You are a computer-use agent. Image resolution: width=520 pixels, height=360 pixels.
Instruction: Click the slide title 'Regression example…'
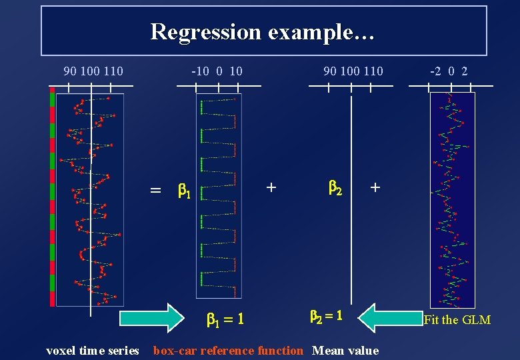pyautogui.click(x=263, y=31)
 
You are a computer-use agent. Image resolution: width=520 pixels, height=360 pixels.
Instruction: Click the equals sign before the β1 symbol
pyautogui.click(x=155, y=191)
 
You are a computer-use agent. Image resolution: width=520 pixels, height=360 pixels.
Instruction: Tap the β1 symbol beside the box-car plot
pyautogui.click(x=185, y=191)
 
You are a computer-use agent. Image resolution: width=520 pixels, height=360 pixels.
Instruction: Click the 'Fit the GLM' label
pyautogui.click(x=457, y=320)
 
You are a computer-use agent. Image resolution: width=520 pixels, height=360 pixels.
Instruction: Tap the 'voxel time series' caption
pyautogui.click(x=93, y=351)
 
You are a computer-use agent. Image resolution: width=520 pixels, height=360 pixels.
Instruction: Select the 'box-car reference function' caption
pyautogui.click(x=228, y=351)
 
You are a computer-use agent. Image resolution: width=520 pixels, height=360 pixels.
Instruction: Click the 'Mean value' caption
pyautogui.click(x=345, y=351)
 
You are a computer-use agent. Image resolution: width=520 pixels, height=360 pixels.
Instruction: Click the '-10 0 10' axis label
pyautogui.click(x=217, y=71)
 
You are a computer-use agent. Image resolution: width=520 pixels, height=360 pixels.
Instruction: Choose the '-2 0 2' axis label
pyautogui.click(x=449, y=71)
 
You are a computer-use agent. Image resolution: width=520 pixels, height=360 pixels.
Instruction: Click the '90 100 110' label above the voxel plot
pyautogui.click(x=93, y=71)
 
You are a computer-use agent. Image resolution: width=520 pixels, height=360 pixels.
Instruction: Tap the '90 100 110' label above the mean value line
pyautogui.click(x=353, y=71)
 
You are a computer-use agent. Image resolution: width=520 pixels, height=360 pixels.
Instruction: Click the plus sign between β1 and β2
pyautogui.click(x=271, y=187)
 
